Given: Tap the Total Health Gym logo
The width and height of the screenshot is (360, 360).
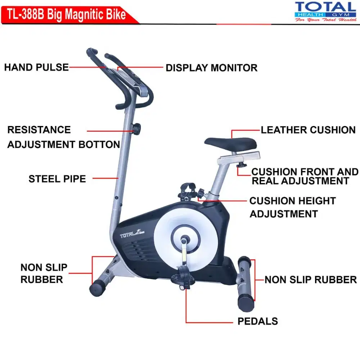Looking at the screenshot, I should (x=325, y=12).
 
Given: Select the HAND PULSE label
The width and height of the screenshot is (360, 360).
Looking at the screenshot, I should (x=36, y=67).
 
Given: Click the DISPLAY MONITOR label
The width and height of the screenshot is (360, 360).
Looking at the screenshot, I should (x=211, y=68).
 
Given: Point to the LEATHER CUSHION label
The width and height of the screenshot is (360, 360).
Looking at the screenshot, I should (x=308, y=130).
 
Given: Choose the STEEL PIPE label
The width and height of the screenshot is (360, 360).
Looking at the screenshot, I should (x=57, y=179).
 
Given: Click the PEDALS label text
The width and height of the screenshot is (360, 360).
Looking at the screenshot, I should (x=257, y=321).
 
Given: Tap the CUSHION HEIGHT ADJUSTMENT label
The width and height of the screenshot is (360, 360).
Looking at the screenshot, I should (x=292, y=207).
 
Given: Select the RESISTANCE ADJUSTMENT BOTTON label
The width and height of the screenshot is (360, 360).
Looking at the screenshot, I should (x=63, y=137).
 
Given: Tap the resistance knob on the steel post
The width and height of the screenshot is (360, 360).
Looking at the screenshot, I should (x=136, y=128).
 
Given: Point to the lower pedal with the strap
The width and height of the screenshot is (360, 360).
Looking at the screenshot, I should (x=183, y=279).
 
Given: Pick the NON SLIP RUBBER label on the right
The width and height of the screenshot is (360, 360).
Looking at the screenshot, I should (x=310, y=280).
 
